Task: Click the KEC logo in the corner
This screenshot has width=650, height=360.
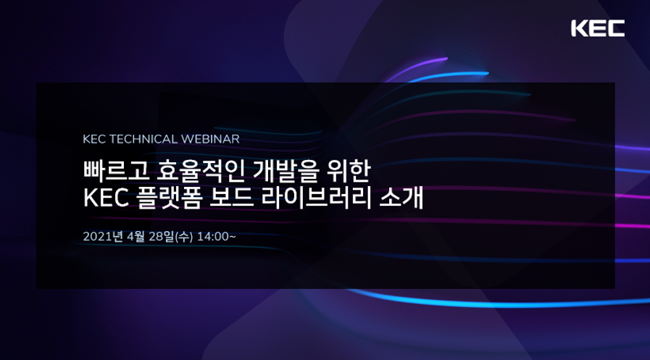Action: click(x=598, y=28)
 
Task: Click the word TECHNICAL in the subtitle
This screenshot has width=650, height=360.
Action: click(x=143, y=139)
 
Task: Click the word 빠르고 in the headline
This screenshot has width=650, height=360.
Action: click(x=116, y=171)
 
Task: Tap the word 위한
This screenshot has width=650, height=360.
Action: click(x=349, y=171)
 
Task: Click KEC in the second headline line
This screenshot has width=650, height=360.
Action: click(x=106, y=198)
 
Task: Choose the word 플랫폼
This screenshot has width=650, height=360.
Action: click(x=169, y=198)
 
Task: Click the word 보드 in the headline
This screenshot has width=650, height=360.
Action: click(x=232, y=198)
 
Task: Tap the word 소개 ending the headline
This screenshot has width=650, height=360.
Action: click(x=401, y=198)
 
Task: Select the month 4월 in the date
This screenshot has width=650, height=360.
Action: click(x=136, y=237)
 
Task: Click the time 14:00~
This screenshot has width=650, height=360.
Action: click(x=217, y=237)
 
